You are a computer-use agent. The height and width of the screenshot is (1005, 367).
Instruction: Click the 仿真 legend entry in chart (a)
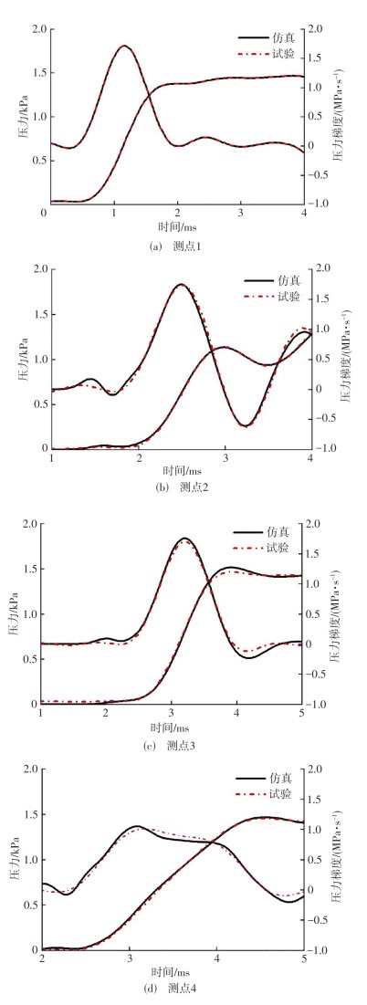pos(265,38)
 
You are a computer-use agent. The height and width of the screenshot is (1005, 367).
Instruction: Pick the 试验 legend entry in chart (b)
pos(272,297)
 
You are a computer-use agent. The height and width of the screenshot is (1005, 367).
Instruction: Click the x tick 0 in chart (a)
pos(45,213)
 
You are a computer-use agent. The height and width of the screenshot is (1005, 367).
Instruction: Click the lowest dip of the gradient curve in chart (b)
pos(245,425)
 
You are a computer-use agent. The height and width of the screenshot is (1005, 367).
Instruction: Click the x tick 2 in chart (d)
pos(42,958)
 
